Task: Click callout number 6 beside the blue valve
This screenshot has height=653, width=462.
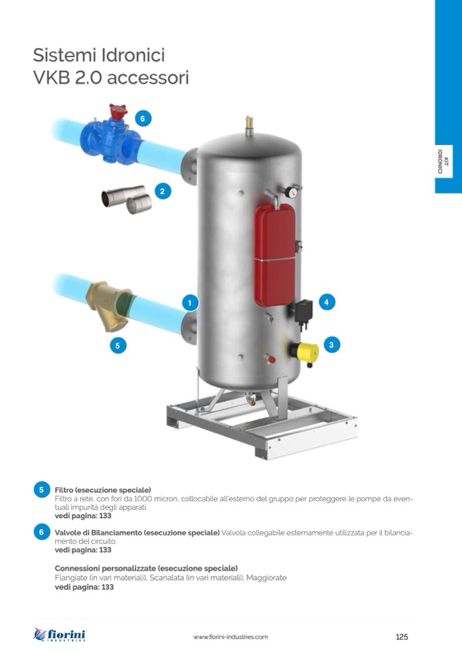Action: coord(142,118)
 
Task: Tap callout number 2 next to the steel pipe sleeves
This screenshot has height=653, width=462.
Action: coord(162,191)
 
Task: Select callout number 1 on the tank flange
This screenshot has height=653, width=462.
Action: coord(190,303)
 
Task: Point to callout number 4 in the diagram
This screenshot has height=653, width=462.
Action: coord(326,302)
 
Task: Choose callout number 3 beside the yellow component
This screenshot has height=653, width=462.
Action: coord(332,345)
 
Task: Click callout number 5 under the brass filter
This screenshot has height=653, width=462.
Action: coord(118,346)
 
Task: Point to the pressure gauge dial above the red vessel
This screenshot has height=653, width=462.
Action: coord(291,192)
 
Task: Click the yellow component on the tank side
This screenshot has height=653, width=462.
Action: coord(305,352)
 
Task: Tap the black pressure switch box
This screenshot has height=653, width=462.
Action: coord(303,311)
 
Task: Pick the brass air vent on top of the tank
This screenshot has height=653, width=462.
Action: coord(249,125)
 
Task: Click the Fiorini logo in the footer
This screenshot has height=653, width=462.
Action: coord(59,635)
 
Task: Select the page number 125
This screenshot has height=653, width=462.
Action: coord(402,637)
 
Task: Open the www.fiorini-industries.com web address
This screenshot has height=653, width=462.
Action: coord(230,637)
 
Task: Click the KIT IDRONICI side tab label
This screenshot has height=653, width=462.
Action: coord(443,161)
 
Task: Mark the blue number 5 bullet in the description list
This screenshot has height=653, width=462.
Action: coord(42,490)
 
